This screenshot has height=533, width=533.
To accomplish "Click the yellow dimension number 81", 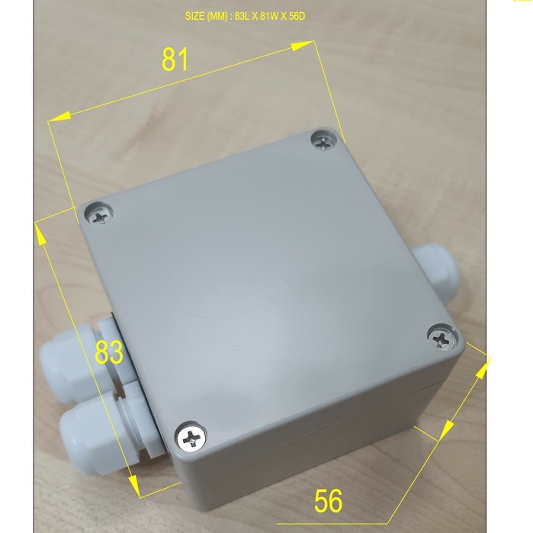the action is tap(175, 59).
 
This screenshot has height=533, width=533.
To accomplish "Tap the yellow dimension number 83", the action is tap(109, 352).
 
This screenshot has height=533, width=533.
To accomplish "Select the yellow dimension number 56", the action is tap(328, 501).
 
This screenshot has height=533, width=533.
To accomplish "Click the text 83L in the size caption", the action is tap(242, 16).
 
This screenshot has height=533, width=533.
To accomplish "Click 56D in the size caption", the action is tap(297, 16).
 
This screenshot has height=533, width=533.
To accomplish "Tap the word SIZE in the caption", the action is tap(194, 16).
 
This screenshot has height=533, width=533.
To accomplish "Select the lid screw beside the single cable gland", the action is tap(442, 339).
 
